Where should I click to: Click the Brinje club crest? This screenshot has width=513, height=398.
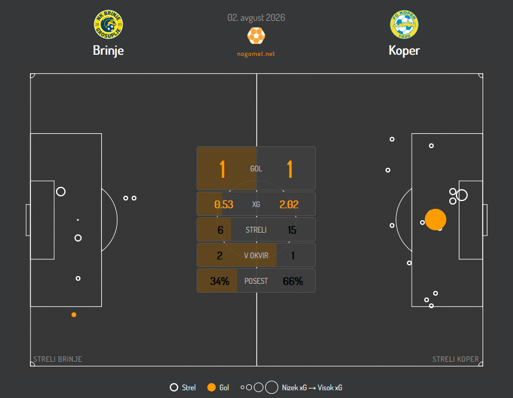point(108,24)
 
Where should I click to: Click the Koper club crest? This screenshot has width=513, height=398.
point(404,24)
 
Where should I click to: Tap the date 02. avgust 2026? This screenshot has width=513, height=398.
point(256,18)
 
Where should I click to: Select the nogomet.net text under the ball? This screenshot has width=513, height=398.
point(256,54)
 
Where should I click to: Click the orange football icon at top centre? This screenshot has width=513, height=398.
point(256,36)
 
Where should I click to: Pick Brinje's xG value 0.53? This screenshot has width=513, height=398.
point(224,205)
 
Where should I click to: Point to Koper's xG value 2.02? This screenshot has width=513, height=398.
point(289,205)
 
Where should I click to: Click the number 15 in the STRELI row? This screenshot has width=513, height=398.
point(292,230)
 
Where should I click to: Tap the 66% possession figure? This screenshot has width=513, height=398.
point(293,281)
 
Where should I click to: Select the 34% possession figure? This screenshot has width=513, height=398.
point(219,281)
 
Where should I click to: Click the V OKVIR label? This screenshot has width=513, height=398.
point(256,256)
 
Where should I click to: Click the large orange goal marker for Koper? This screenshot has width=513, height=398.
point(436,220)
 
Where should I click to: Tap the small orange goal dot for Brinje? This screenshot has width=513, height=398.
point(74,315)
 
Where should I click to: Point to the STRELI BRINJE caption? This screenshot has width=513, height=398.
point(58,359)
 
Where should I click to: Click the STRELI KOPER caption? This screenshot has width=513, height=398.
point(455,359)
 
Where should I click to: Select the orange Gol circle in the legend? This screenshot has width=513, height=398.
point(212,387)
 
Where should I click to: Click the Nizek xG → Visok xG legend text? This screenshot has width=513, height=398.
point(312,388)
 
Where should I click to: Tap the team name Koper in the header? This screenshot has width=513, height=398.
point(404,51)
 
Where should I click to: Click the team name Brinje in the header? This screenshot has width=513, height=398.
point(108,51)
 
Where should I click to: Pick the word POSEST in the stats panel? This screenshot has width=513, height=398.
point(256,281)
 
